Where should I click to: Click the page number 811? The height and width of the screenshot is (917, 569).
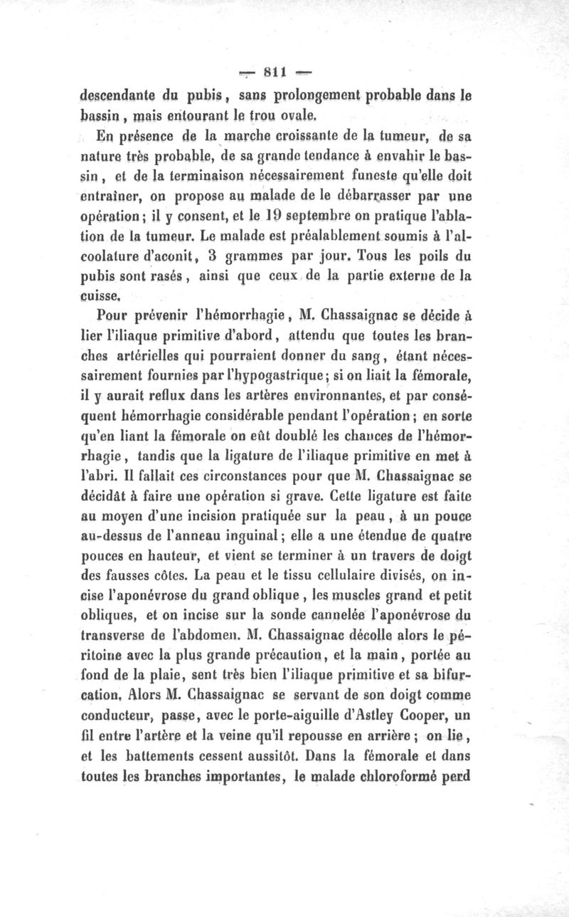(274, 70)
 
